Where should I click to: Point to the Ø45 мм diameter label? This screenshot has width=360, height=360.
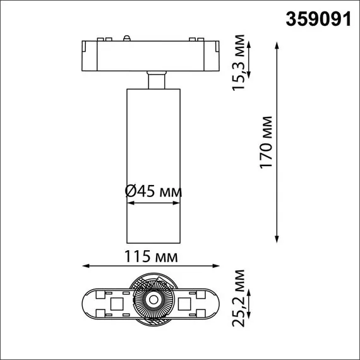153,191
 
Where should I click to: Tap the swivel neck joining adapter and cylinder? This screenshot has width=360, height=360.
154,81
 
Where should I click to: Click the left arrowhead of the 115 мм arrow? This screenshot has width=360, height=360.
87,266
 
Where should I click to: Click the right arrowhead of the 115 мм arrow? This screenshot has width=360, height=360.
215,266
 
